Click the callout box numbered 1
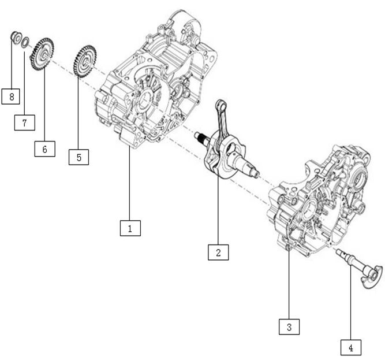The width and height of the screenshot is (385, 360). [130, 228]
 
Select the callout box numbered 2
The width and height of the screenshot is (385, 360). [218, 253]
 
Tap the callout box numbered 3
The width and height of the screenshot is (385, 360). [289, 327]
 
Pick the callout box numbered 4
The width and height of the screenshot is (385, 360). [350, 348]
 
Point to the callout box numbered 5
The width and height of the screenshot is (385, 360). [79, 157]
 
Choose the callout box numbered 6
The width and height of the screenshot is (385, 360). [44, 149]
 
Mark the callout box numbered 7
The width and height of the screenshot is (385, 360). [25, 123]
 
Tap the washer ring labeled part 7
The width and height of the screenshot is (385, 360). [26, 42]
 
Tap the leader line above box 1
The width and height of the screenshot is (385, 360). [130, 185]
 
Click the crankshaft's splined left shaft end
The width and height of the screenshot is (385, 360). [200, 138]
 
